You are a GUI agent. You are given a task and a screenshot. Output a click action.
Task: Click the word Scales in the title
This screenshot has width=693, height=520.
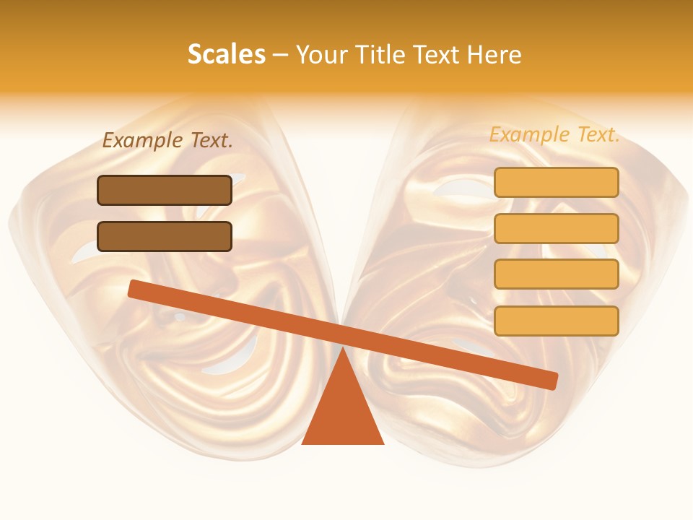[226, 54]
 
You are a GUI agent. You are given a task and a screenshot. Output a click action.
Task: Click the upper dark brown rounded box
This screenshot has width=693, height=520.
[165, 190]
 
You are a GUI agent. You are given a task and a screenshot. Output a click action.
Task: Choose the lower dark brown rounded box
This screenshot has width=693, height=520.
[165, 236]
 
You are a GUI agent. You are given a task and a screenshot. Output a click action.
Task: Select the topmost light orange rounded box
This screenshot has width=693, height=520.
[556, 182]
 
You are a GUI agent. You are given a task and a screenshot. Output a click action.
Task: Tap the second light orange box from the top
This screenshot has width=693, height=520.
[556, 228]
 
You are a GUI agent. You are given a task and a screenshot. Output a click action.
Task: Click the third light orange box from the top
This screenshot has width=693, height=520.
[556, 274]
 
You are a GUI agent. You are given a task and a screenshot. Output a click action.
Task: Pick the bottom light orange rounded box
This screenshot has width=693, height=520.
[556, 321]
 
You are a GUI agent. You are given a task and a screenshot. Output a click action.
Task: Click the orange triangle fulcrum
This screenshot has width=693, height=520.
[342, 412]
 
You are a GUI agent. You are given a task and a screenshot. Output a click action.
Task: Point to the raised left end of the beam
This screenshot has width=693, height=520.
[136, 288]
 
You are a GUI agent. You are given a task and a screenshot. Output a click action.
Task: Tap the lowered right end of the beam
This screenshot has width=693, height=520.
[550, 381]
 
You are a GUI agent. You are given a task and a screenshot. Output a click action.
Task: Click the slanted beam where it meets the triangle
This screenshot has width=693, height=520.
[343, 335]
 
